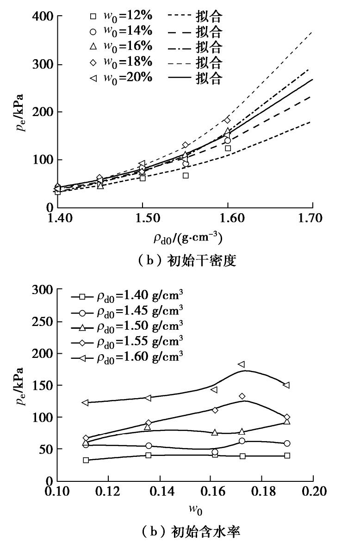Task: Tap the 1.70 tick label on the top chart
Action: pyautogui.click(x=312, y=218)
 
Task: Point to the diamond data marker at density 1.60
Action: pyautogui.click(x=227, y=120)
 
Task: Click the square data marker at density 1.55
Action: pyautogui.click(x=185, y=175)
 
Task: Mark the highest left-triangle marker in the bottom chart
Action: pyautogui.click(x=241, y=364)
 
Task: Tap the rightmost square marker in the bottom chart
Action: pyautogui.click(x=287, y=455)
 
